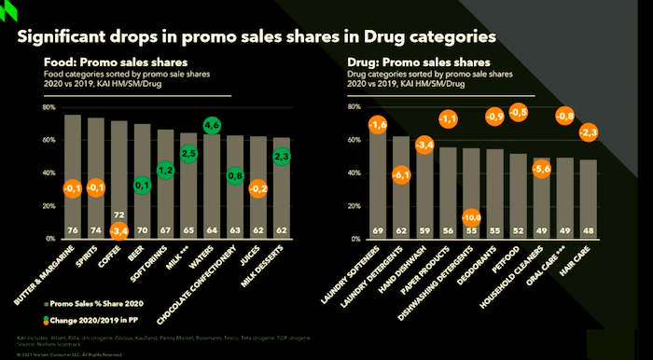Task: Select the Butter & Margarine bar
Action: (x=72, y=177)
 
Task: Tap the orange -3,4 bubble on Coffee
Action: (x=119, y=228)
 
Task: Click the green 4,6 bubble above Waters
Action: (x=212, y=125)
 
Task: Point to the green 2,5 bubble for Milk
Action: (x=188, y=153)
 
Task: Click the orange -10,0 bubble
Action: (x=472, y=218)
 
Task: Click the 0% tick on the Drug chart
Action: (x=355, y=239)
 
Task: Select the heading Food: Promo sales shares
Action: (x=100, y=63)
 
